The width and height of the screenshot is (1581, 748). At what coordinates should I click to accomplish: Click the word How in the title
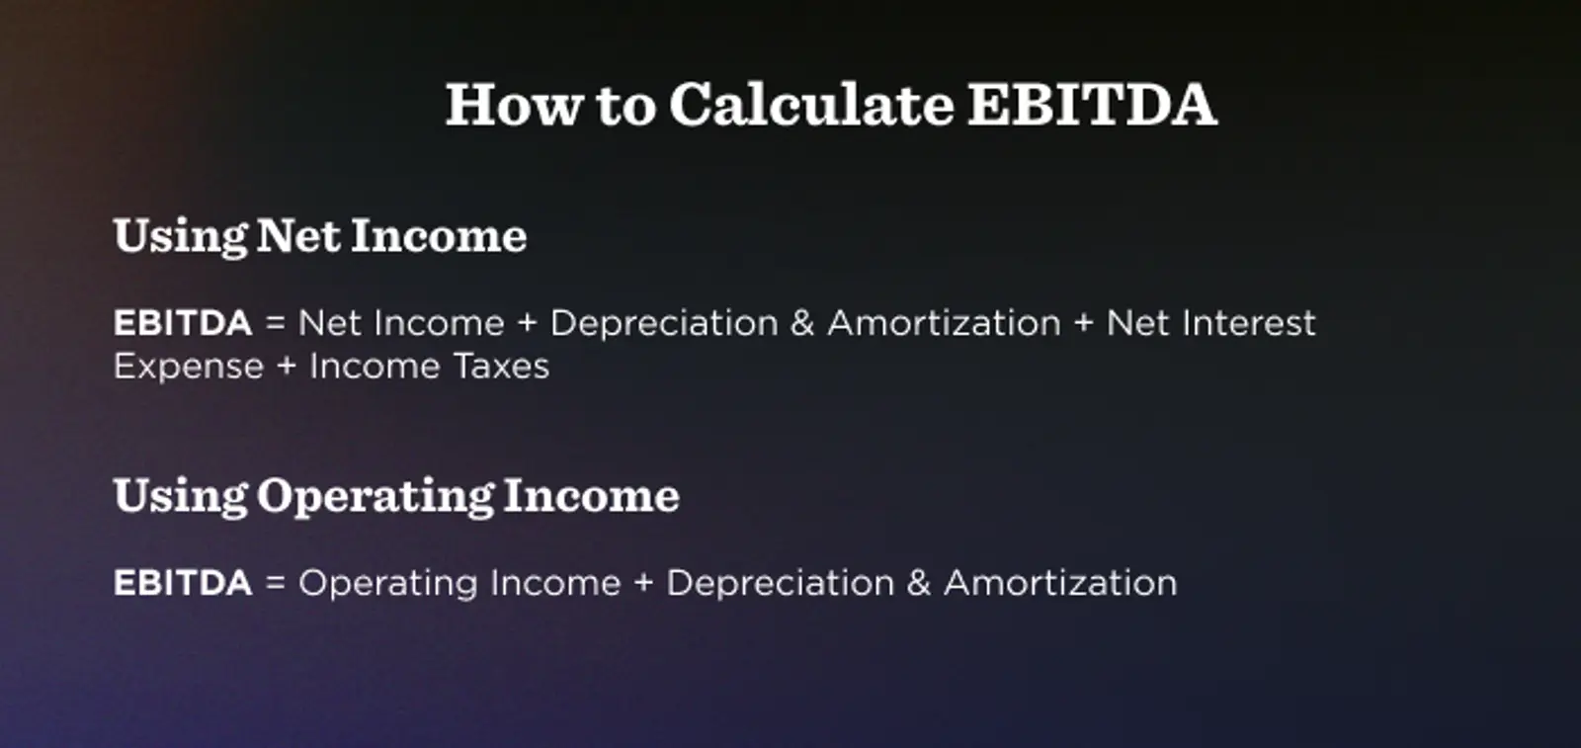click(513, 104)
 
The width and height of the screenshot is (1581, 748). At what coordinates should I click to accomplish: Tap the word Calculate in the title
click(811, 104)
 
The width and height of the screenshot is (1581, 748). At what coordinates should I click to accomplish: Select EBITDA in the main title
click(1091, 104)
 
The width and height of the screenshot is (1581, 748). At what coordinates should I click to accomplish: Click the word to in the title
click(625, 106)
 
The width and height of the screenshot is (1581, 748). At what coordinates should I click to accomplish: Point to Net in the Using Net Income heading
click(298, 235)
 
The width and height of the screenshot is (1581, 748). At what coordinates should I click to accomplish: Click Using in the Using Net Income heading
click(180, 237)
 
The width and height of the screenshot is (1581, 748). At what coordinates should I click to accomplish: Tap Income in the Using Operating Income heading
click(591, 495)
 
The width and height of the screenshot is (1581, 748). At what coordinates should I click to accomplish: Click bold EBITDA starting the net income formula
click(183, 323)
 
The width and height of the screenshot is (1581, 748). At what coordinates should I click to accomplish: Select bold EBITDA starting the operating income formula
click(183, 583)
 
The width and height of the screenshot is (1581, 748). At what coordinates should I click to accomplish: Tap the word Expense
click(189, 367)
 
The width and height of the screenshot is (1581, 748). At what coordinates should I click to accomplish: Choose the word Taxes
click(501, 367)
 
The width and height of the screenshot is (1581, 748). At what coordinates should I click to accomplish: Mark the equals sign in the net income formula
click(275, 324)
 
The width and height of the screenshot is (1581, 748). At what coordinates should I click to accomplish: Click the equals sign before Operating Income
click(275, 584)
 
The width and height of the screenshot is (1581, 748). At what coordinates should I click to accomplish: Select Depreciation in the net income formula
click(664, 323)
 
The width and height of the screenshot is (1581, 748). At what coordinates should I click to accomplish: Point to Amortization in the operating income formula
click(1060, 583)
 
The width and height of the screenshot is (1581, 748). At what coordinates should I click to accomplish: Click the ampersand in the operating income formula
click(918, 583)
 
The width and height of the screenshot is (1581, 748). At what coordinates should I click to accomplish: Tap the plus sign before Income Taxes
click(287, 368)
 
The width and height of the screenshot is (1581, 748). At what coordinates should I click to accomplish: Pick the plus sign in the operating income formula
click(643, 584)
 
